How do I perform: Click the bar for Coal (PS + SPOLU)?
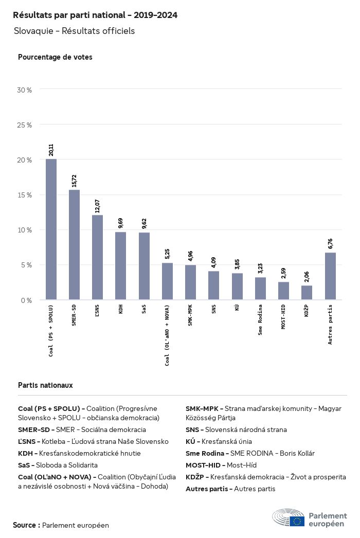[51, 229]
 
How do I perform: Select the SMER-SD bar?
[74, 245]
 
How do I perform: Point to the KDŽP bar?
[307, 293]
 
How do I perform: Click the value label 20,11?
[51, 150]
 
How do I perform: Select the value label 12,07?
[97, 206]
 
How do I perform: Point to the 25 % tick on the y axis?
[25, 125]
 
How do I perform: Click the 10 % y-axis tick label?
[25, 230]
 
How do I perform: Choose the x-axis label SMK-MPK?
[190, 314]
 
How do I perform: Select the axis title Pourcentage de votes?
[55, 57]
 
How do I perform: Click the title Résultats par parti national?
[95, 15]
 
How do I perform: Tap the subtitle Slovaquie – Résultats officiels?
[75, 31]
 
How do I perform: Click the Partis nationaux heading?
[45, 385]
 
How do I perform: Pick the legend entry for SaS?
[58, 465]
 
